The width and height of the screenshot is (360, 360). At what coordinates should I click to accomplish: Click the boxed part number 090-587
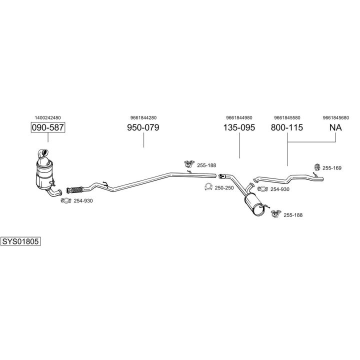pos(48,127)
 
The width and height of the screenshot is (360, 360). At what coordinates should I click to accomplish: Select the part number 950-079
pos(143,127)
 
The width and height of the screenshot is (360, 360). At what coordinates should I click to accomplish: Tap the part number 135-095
pos(238,127)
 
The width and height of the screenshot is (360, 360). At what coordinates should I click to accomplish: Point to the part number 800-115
pos(287,127)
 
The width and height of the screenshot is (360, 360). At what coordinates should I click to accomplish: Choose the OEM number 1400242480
pos(48,118)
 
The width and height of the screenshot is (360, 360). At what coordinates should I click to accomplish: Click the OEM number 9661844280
pos(143,118)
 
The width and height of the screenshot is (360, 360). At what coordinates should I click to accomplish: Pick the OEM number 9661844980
pos(238,118)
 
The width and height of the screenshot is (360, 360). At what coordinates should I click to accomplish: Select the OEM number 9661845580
pos(287,118)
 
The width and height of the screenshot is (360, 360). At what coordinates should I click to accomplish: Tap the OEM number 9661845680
pos(335,118)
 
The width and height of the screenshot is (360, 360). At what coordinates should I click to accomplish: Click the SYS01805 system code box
pos(20,241)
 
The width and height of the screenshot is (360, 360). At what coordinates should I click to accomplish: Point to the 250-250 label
pos(224,187)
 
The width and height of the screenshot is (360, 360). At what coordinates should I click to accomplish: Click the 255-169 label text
pos(331,168)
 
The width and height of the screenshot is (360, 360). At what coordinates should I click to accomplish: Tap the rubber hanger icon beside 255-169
pos(316,166)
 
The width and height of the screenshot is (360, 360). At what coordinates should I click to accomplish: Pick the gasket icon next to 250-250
pos(207,187)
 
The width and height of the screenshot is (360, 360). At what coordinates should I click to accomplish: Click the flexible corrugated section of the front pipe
pos(75,189)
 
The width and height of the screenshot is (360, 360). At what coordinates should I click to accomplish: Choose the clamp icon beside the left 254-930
pos(64,201)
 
